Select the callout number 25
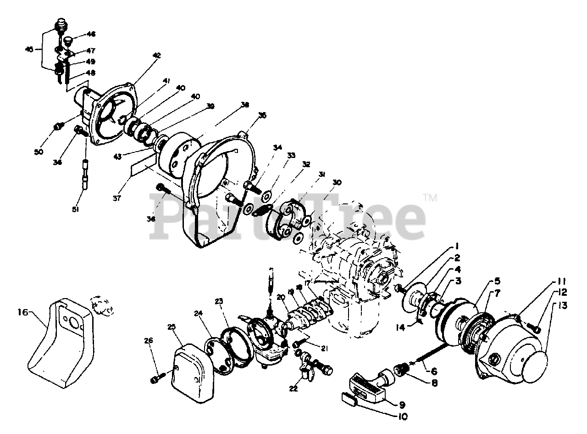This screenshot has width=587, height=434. click(x=171, y=327)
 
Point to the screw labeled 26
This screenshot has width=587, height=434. click(x=155, y=379)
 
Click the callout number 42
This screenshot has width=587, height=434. click(x=157, y=55)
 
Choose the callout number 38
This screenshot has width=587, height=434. click(x=244, y=105)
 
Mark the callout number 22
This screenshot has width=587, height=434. click(x=293, y=389)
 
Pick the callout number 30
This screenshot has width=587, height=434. click(x=337, y=182)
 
